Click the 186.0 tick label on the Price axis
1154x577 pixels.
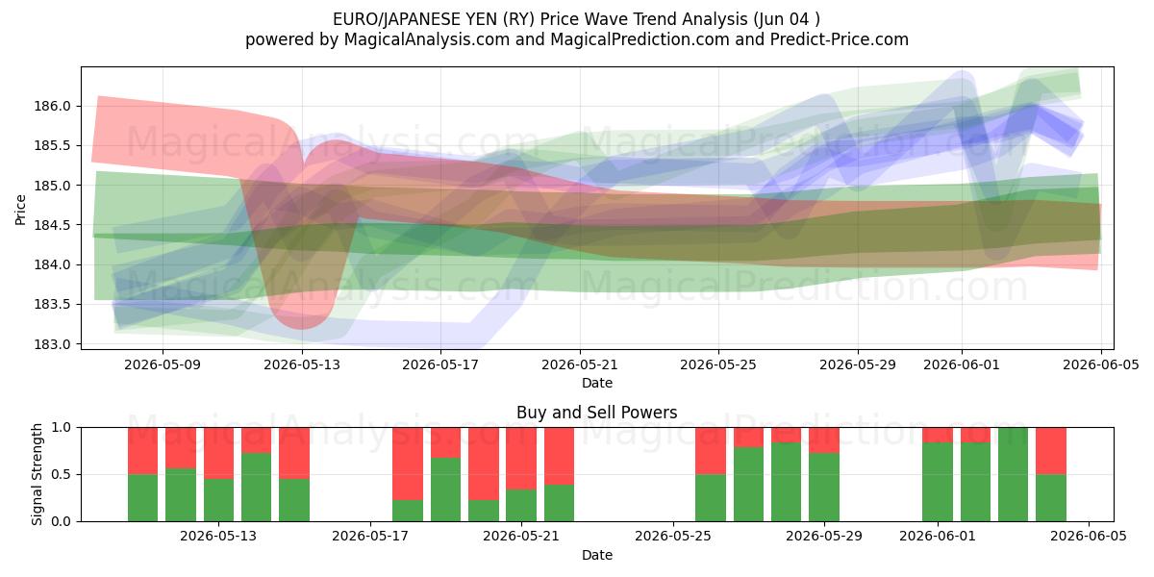coord(52,106)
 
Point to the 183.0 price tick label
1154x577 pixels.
coord(52,344)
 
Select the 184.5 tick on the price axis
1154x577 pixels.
coord(52,225)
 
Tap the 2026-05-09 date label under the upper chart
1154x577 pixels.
coord(163,364)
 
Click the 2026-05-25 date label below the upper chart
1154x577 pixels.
coord(718,364)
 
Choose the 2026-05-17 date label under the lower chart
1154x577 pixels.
coord(370,537)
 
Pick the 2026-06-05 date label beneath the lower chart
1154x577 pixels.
coord(1089,537)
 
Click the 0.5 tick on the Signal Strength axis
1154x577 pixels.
coord(62,474)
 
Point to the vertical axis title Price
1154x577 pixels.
coord(20,210)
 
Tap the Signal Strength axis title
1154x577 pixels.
coord(37,474)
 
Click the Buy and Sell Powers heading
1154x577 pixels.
coord(596,413)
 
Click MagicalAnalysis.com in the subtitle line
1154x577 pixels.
coord(427,39)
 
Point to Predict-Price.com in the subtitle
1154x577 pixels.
coord(840,39)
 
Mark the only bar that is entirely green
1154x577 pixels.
coord(1013,474)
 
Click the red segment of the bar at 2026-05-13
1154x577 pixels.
coord(218,453)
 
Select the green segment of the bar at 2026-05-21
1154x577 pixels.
coord(521,506)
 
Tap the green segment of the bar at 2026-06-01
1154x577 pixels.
coord(937,482)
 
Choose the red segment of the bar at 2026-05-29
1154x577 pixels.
coord(824,440)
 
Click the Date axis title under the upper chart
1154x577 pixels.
coord(597,384)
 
